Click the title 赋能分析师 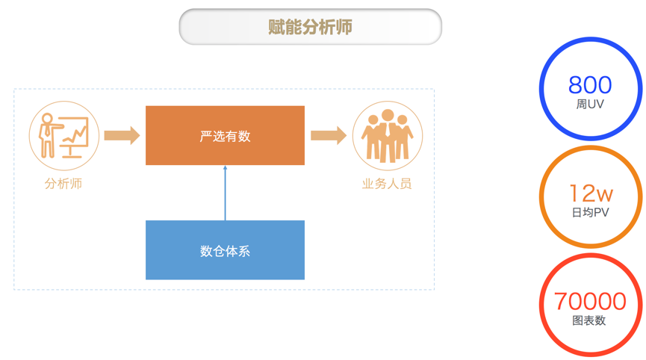pyautogui.click(x=310, y=28)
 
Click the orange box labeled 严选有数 pyautogui.click(x=225, y=135)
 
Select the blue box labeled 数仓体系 pyautogui.click(x=225, y=250)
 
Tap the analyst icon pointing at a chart pyautogui.click(x=64, y=135)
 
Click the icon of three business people pyautogui.click(x=387, y=136)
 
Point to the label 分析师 pyautogui.click(x=63, y=184)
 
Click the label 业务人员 pyautogui.click(x=387, y=184)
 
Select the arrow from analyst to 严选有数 pyautogui.click(x=122, y=135)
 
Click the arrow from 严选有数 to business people pyautogui.click(x=329, y=135)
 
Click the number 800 pyautogui.click(x=590, y=84)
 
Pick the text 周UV pyautogui.click(x=590, y=105)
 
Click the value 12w pyautogui.click(x=591, y=194)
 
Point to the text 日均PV pyautogui.click(x=590, y=213)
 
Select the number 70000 pyautogui.click(x=590, y=302)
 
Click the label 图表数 pyautogui.click(x=590, y=320)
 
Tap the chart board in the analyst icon pyautogui.click(x=75, y=133)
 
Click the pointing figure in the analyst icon pyautogui.click(x=49, y=134)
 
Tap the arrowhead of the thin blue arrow pyautogui.click(x=225, y=169)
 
